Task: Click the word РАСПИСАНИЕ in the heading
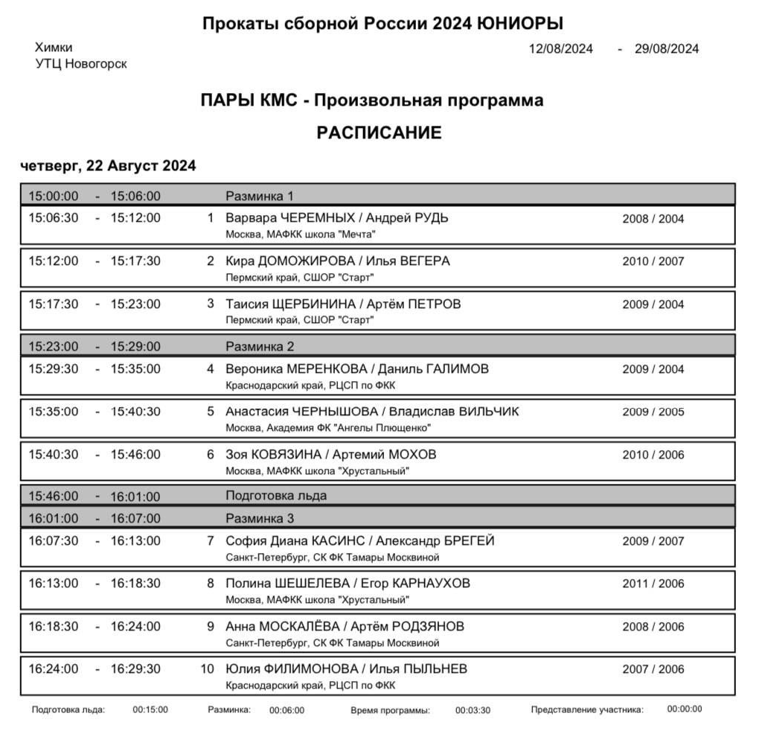(x=379, y=133)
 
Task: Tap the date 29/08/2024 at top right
(x=667, y=49)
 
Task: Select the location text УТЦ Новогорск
(x=81, y=64)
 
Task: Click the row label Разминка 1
(x=260, y=197)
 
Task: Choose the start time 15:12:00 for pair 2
(x=53, y=261)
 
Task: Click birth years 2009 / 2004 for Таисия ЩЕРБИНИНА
(x=653, y=304)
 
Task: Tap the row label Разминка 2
(x=260, y=347)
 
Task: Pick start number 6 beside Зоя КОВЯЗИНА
(x=210, y=455)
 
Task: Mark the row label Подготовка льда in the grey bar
(x=276, y=497)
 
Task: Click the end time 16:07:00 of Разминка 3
(x=135, y=519)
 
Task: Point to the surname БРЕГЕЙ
(x=469, y=541)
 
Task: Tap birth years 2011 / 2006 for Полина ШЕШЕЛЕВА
(x=653, y=584)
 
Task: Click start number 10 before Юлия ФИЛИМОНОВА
(x=208, y=669)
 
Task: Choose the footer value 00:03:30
(x=473, y=710)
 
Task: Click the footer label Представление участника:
(x=587, y=709)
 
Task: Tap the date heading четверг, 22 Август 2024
(x=108, y=166)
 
